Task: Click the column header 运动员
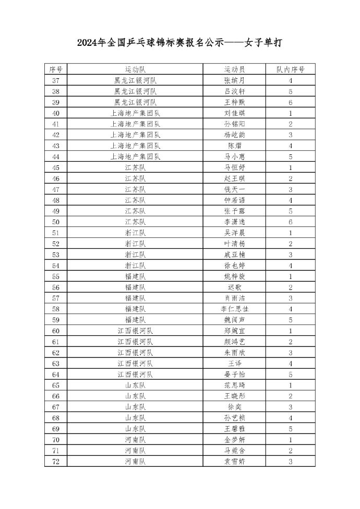tap(234, 69)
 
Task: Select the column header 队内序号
tap(290, 69)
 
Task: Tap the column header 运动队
tap(135, 69)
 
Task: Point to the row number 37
tap(56, 80)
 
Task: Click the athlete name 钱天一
tap(234, 189)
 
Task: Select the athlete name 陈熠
tap(234, 146)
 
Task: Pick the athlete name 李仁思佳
tap(234, 309)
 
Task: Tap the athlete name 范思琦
tap(234, 385)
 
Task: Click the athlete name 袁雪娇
tap(234, 461)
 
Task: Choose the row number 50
tap(56, 222)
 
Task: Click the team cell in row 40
tap(135, 113)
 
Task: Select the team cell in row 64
tap(135, 374)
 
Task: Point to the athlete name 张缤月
tap(234, 80)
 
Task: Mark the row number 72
tap(56, 461)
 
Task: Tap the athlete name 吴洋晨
tap(234, 233)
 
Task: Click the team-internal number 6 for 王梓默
tap(290, 102)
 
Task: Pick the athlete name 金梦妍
tap(234, 439)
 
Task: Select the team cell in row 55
tap(135, 276)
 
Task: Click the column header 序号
tap(56, 69)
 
